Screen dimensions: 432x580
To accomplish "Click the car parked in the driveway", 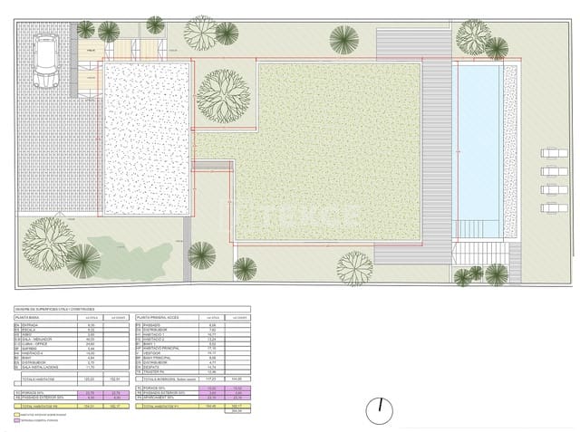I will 44,61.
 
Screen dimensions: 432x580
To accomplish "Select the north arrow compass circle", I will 378,411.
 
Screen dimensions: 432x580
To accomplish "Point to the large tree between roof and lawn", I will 222,96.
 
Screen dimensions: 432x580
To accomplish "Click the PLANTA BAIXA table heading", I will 27,319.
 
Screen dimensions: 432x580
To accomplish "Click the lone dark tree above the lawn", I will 343,39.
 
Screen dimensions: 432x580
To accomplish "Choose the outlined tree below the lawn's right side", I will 354,268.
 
